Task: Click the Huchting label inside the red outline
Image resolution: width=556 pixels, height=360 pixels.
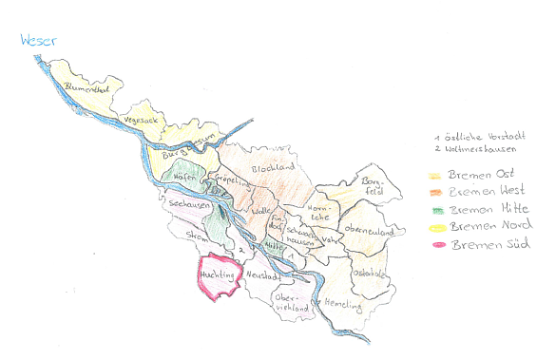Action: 218,275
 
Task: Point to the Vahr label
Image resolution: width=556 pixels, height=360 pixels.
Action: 331,239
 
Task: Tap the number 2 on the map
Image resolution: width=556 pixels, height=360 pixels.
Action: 242,250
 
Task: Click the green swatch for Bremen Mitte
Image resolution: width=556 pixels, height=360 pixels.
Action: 435,208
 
